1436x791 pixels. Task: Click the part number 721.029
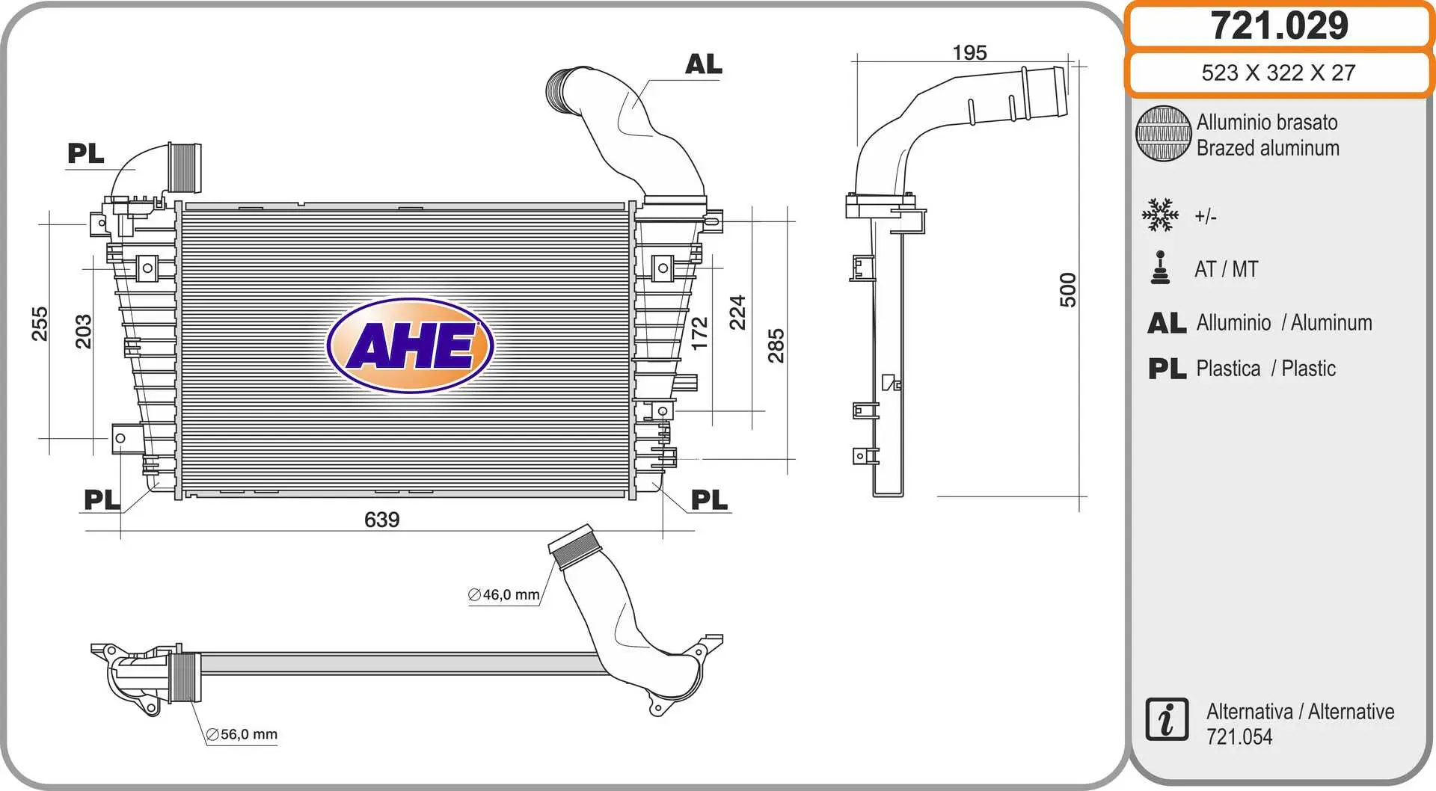(x=1279, y=25)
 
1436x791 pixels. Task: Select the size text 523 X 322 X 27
(x=1278, y=73)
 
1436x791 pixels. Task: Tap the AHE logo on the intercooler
(x=410, y=345)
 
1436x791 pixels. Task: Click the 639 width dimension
(x=381, y=520)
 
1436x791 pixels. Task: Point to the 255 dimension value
(x=40, y=324)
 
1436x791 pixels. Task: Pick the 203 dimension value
(x=83, y=332)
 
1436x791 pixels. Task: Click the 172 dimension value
(x=699, y=333)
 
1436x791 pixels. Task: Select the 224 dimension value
(x=737, y=313)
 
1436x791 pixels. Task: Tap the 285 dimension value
(x=776, y=345)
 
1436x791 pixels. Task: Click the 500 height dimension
(x=1068, y=290)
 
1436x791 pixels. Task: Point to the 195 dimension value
(x=970, y=52)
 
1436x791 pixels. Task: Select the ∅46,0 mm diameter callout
(x=504, y=595)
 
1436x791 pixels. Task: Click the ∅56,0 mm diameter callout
(x=242, y=735)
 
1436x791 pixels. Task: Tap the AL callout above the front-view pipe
(x=704, y=64)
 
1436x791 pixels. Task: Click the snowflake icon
(x=1160, y=215)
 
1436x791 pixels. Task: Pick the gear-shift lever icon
(x=1160, y=268)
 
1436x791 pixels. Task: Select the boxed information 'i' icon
(x=1167, y=720)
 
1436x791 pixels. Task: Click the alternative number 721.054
(x=1239, y=737)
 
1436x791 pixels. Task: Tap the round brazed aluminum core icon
(x=1163, y=134)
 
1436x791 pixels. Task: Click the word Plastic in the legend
(x=1308, y=369)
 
